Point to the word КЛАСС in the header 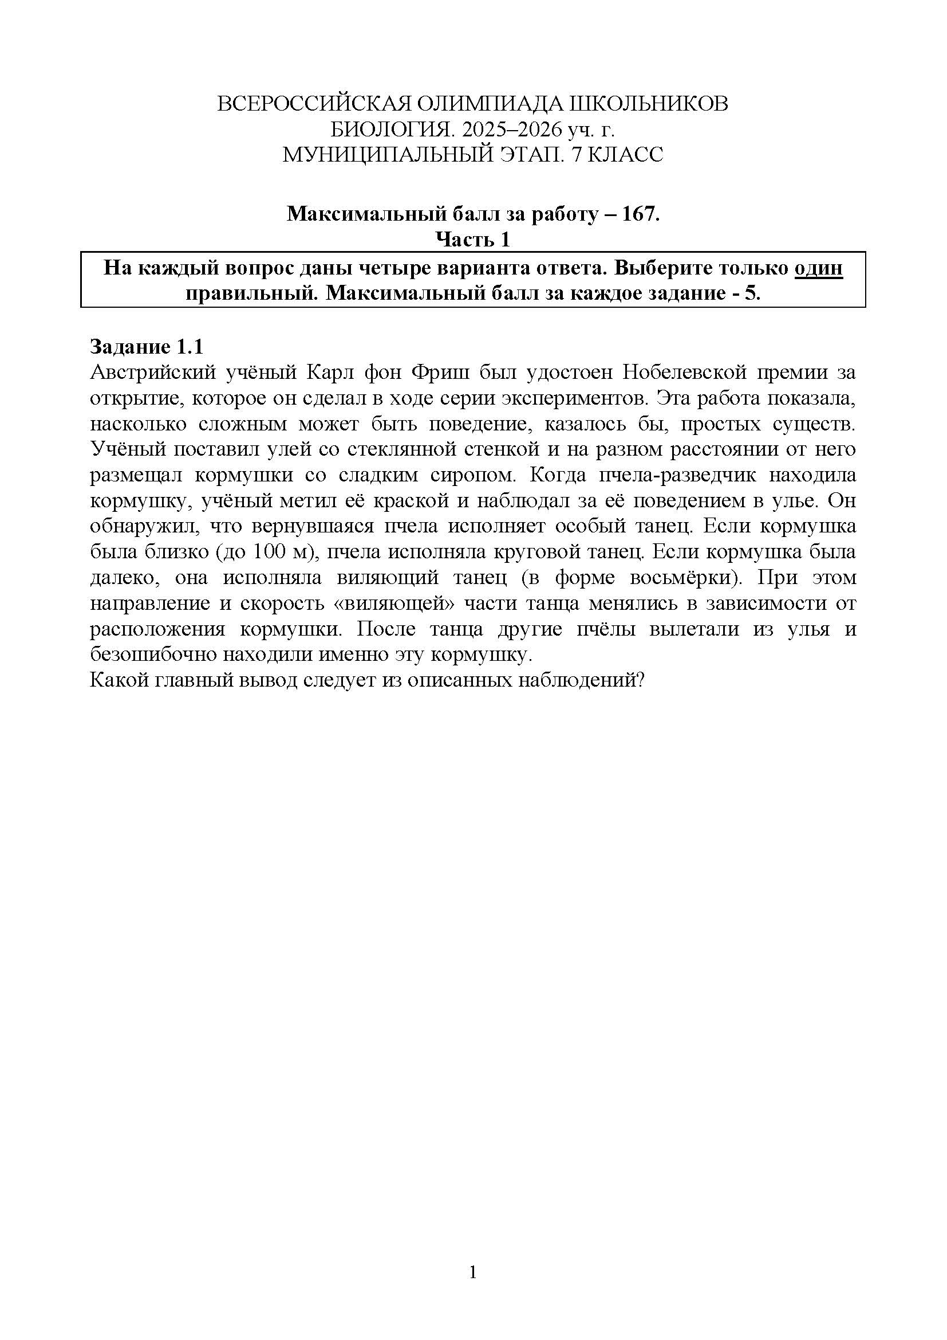point(631,155)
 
